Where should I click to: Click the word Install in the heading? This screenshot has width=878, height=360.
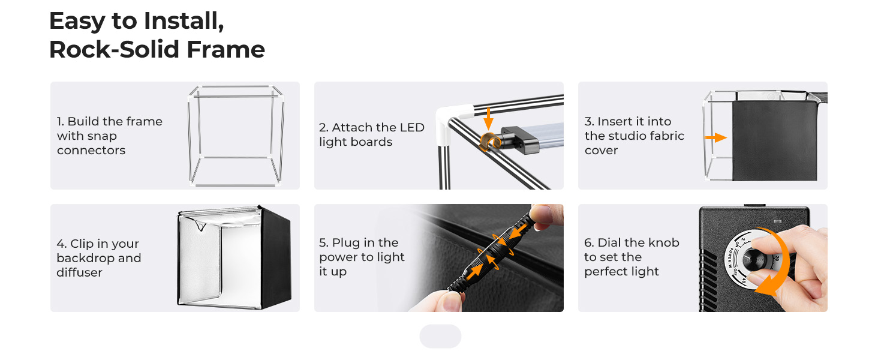click(184, 21)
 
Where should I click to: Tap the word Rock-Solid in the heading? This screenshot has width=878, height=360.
click(114, 49)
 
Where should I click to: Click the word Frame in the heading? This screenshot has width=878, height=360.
click(225, 49)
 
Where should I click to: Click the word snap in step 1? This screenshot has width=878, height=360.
click(102, 136)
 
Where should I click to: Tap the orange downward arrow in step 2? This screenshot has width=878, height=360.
click(488, 118)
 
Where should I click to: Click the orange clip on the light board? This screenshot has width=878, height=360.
click(490, 142)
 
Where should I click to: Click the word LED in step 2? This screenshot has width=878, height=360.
click(412, 127)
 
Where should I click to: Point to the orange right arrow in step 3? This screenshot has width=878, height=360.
click(715, 137)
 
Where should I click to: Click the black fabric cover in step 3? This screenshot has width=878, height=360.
click(774, 140)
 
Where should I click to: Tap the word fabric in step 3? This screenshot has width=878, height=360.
click(667, 136)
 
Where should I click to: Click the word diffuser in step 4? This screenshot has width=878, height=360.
click(79, 272)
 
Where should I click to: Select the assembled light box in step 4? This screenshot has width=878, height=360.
click(234, 257)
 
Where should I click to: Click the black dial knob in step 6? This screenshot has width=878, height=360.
click(754, 259)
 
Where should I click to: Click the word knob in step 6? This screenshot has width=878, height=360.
click(663, 242)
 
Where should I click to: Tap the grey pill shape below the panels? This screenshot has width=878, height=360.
click(440, 336)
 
